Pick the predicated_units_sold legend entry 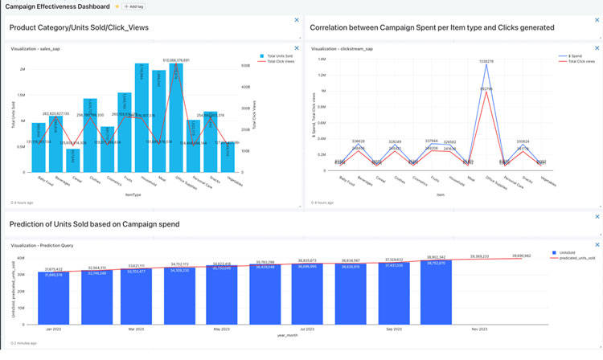[x=574, y=258]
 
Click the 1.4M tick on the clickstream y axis [x=321, y=59]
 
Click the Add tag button [x=133, y=6]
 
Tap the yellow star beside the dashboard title [x=117, y=6]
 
